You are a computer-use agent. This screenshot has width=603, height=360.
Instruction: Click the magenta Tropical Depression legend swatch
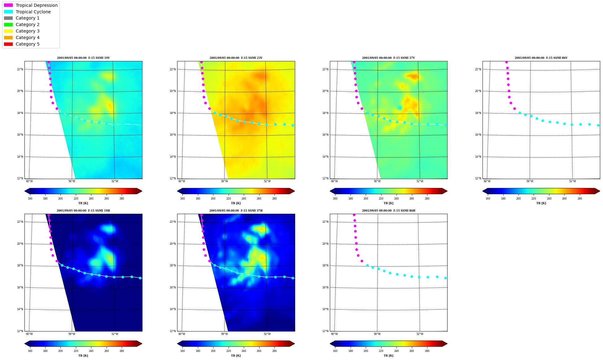coord(8,5)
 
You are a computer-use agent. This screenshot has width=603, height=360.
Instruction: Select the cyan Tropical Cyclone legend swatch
coord(8,12)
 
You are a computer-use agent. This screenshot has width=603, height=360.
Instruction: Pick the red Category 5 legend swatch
coord(8,44)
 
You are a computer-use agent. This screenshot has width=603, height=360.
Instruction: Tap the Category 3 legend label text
coord(28,31)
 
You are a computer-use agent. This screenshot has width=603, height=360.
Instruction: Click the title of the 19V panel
coord(83,58)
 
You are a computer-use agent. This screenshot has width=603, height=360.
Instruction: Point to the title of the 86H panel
coord(389,211)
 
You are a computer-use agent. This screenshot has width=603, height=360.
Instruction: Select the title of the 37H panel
coord(236,211)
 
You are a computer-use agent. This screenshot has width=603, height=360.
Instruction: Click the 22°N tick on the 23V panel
coord(173,69)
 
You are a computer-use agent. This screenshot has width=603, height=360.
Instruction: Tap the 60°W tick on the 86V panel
coord(487,181)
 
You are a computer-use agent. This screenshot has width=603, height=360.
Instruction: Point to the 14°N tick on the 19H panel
coord(20,309)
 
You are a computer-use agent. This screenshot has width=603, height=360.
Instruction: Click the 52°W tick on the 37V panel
coord(420,181)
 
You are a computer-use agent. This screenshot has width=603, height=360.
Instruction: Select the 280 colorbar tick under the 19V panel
coord(122,199)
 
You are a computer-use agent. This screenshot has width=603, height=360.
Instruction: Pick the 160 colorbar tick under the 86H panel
coord(335,351)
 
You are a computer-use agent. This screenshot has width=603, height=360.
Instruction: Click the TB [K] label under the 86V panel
coord(541,203)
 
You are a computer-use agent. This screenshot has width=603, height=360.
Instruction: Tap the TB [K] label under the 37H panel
coord(236,356)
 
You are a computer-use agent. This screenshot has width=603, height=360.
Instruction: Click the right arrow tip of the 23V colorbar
coord(295,191)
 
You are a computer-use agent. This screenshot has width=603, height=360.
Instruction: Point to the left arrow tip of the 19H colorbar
coord(25,344)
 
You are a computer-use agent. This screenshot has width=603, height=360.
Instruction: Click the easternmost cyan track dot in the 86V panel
coord(598,125)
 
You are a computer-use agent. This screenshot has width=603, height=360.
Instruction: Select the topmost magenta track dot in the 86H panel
coord(354,215)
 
